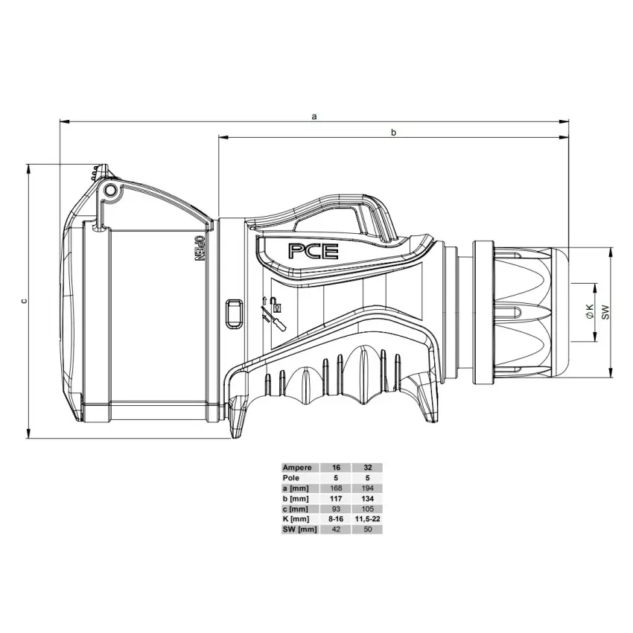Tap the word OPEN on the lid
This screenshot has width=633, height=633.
[199, 249]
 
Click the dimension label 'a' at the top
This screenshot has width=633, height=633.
[314, 116]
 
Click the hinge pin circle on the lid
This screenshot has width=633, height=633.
[111, 191]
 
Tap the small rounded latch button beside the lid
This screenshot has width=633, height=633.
[233, 313]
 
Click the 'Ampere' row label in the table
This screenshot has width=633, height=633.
[297, 468]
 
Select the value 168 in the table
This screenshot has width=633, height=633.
[336, 488]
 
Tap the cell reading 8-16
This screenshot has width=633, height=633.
[336, 519]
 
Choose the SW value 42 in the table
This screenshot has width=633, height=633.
[336, 529]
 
